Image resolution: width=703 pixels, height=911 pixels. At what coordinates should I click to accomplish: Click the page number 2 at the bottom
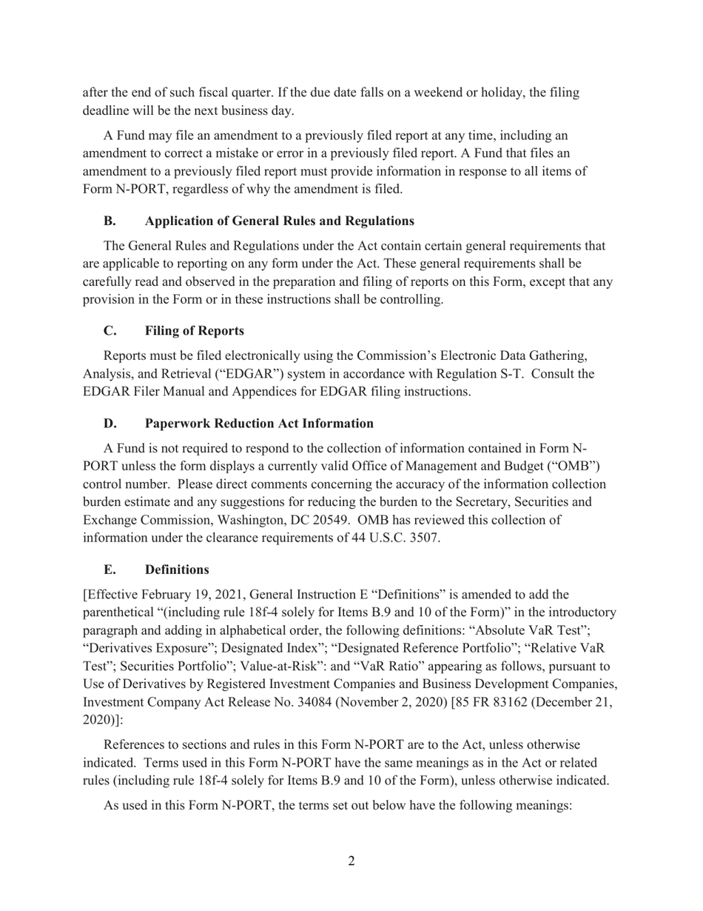(351, 861)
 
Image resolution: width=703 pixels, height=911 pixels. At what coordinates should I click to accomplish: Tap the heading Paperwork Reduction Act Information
(259, 423)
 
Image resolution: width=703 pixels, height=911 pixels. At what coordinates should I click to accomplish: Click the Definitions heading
(177, 570)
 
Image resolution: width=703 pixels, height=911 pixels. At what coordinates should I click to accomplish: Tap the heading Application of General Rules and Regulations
(279, 221)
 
